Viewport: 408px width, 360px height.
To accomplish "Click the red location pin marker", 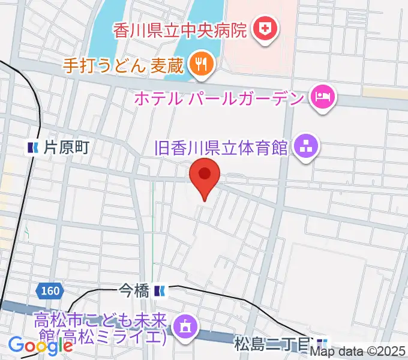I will point(205,176).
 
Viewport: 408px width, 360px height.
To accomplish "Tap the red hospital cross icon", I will point(263,28).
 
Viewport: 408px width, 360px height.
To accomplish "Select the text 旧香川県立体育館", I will point(221,146).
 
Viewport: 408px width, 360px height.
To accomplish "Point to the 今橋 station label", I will point(134,292).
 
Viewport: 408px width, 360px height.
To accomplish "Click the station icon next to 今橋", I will point(159,292).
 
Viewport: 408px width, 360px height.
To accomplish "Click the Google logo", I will point(40,345).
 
